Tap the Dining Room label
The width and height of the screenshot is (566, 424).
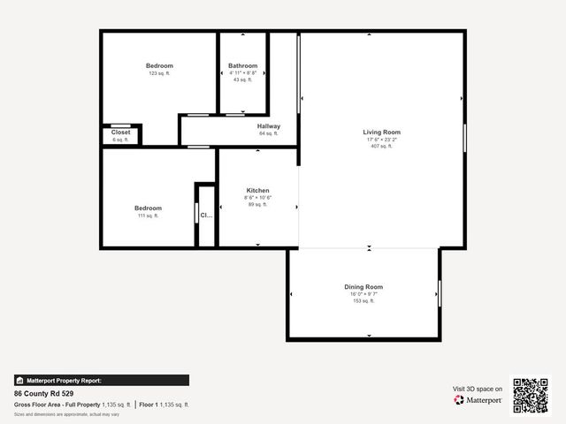pyautogui.click(x=363, y=287)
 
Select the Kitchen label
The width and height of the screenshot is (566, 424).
pyautogui.click(x=257, y=190)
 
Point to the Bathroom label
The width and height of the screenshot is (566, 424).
pyautogui.click(x=242, y=66)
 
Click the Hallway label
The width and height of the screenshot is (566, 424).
pyautogui.click(x=269, y=126)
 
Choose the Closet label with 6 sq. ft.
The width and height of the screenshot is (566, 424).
pyautogui.click(x=120, y=132)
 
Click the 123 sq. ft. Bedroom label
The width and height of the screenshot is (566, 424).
pyautogui.click(x=159, y=66)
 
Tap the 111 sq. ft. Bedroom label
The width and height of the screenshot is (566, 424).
pyautogui.click(x=148, y=208)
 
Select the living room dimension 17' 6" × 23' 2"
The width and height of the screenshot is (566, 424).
pyautogui.click(x=382, y=140)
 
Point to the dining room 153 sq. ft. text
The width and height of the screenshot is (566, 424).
pyautogui.click(x=363, y=301)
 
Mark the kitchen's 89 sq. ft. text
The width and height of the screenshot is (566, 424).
pyautogui.click(x=257, y=204)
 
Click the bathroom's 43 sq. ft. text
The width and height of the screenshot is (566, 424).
pyautogui.click(x=242, y=79)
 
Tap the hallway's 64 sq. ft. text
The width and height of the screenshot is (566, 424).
pyautogui.click(x=269, y=133)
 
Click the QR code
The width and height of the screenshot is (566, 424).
pyautogui.click(x=531, y=395)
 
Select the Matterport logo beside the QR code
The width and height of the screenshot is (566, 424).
pyautogui.click(x=478, y=400)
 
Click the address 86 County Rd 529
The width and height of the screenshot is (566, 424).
pyautogui.click(x=44, y=393)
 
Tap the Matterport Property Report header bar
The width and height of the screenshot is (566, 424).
pyautogui.click(x=101, y=381)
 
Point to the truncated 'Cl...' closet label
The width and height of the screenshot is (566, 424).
pyautogui.click(x=206, y=215)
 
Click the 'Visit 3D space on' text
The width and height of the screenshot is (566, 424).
pyautogui.click(x=478, y=389)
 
